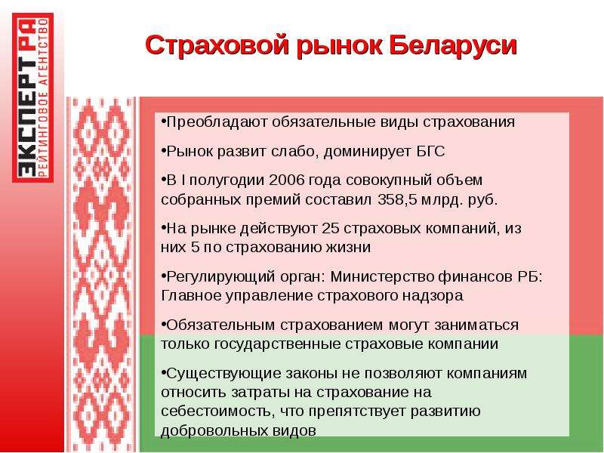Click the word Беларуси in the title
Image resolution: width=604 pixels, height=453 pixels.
453,45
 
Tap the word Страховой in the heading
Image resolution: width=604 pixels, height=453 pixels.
217,45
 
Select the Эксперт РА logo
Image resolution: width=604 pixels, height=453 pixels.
32,97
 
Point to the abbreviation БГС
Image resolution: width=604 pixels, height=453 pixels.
430,151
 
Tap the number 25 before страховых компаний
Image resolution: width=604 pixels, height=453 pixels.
330,228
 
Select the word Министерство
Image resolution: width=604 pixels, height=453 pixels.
383,276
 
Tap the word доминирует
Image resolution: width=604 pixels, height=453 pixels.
368,152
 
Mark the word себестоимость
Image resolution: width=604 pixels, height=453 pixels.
217,411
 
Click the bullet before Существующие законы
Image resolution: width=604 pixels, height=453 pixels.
163,372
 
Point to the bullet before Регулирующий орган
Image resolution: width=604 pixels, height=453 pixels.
163,276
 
